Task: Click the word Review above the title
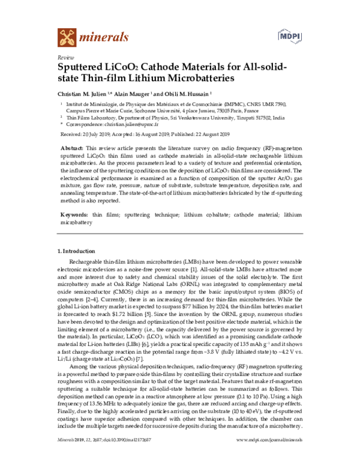click(63, 55)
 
